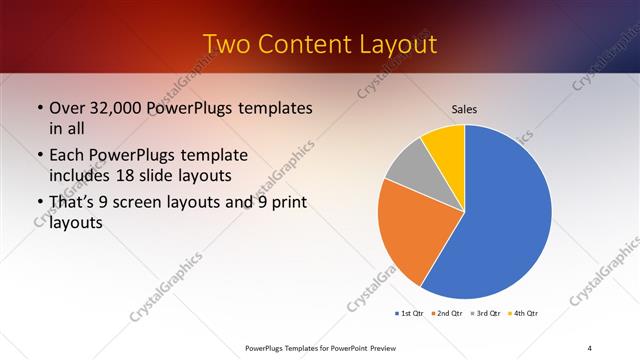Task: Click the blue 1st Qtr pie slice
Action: tap(500, 220)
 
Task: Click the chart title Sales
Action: tap(464, 108)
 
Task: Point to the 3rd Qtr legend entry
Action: tap(485, 314)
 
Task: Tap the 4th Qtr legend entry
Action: tap(524, 314)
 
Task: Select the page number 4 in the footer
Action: tap(590, 347)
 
